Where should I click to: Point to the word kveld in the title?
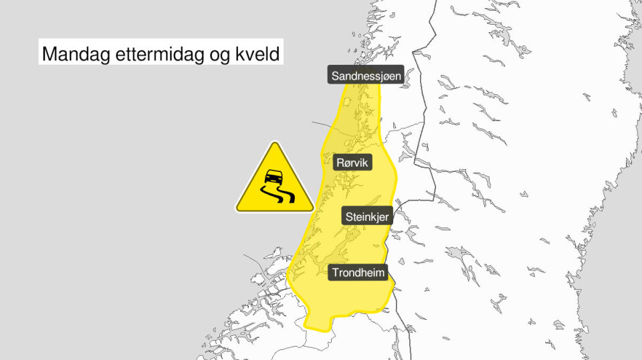click(256, 54)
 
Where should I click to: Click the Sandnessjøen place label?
click(366, 76)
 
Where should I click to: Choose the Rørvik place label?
click(353, 162)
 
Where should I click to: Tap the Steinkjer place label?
click(367, 217)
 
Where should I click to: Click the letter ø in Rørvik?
click(348, 162)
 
